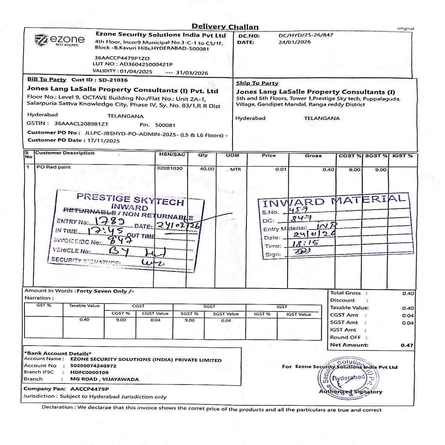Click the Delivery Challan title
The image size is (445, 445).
225,27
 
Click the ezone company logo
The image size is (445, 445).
60,40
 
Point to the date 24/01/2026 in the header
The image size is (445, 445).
294,42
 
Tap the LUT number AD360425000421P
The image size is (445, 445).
146,64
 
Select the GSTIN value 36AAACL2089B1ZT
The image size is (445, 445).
81,123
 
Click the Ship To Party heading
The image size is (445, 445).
257,83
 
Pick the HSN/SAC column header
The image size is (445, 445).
172,154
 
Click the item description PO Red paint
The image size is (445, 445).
53,167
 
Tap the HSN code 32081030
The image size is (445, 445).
169,168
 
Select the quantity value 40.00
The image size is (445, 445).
207,169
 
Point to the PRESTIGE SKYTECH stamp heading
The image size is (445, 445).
130,199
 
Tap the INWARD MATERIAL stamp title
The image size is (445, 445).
334,201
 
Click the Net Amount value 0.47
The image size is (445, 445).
407,345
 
